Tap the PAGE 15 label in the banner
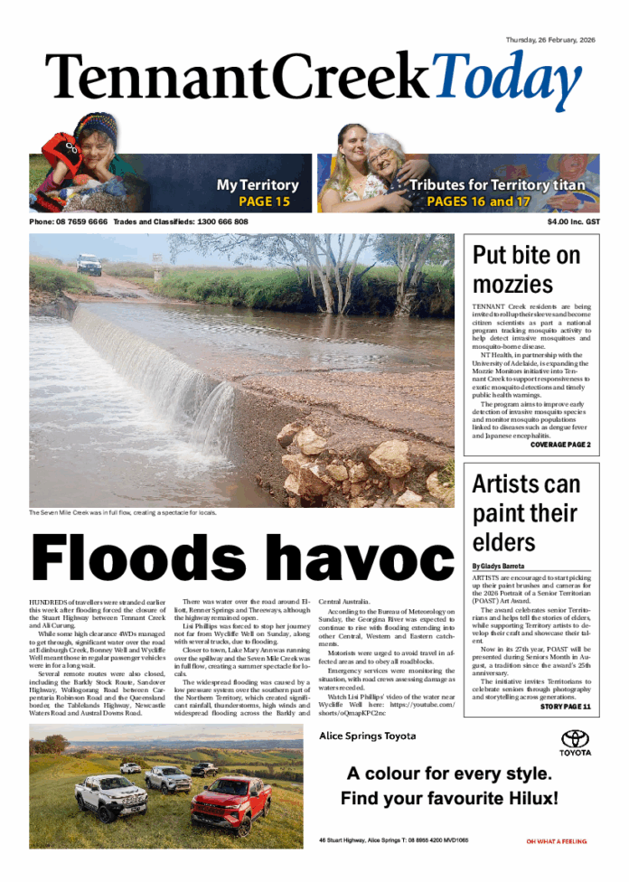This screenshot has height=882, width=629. pyautogui.click(x=264, y=202)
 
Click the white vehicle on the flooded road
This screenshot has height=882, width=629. pyautogui.click(x=89, y=264)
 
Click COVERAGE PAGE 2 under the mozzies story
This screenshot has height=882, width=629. pyautogui.click(x=560, y=446)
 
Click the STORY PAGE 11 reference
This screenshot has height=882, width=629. pyautogui.click(x=566, y=706)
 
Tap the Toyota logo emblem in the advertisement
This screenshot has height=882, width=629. pyautogui.click(x=575, y=738)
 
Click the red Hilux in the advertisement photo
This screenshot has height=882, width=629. pyautogui.click(x=231, y=803)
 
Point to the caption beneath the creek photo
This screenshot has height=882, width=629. pyautogui.click(x=123, y=512)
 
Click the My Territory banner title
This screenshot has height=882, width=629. pyautogui.click(x=258, y=185)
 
